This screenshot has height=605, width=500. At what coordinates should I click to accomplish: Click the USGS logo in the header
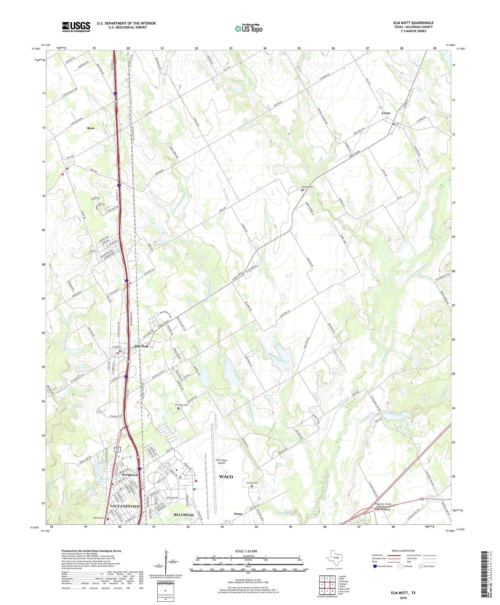point(76,27)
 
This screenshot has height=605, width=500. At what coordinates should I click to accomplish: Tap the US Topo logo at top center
point(248,29)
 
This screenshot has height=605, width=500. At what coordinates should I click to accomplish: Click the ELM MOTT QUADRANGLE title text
point(413,23)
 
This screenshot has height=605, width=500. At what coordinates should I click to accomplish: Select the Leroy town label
point(386,113)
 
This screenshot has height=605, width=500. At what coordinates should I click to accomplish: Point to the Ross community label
point(91,128)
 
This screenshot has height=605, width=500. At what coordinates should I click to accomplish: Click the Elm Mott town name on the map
point(141,346)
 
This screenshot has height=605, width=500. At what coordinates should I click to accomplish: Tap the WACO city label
point(226,477)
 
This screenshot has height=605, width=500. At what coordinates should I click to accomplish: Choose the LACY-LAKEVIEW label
point(125,506)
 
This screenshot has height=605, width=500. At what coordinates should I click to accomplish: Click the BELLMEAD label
point(184,515)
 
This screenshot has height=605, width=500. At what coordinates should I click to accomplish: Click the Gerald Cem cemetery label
point(308,187)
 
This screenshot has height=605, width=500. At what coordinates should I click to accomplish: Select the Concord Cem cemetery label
point(252,483)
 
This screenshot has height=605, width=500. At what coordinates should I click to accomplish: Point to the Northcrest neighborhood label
point(130,475)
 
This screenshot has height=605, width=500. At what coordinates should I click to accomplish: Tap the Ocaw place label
point(238,514)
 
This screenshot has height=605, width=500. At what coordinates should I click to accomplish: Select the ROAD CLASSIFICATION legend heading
point(403,551)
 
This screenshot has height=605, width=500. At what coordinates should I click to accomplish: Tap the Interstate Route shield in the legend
point(375,566)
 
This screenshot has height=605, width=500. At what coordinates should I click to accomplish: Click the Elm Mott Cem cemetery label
point(182,405)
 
